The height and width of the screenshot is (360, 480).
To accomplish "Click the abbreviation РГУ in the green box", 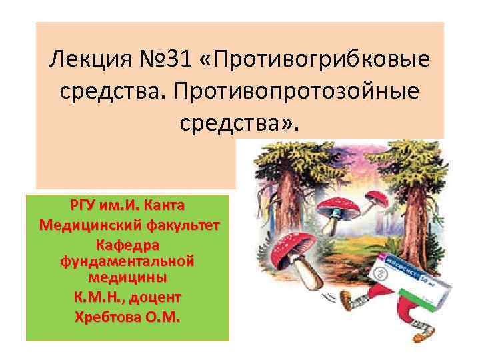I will coord(85,203).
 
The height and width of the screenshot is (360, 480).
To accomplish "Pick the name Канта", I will coord(164,203).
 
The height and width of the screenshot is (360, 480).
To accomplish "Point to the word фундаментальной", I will coord(127,259).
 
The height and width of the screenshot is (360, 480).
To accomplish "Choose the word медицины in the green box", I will coord(127,275).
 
